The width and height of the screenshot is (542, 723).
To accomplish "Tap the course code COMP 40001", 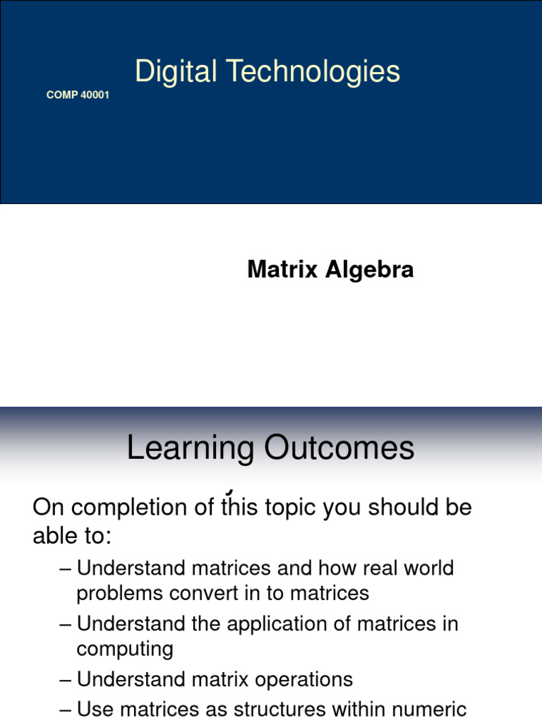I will click(x=78, y=95).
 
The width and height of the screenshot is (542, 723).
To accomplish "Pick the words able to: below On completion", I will click(x=72, y=537).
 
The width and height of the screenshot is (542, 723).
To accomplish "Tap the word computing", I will click(x=125, y=649).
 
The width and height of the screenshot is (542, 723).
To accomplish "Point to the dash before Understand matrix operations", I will click(x=66, y=679).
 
